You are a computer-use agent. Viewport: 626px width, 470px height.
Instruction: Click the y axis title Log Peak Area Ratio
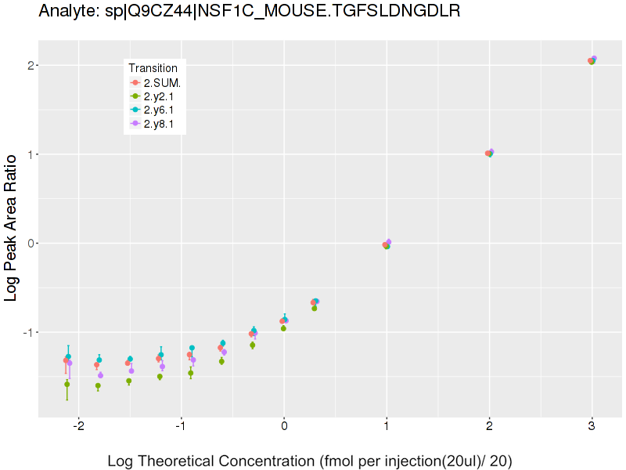pos(12,238)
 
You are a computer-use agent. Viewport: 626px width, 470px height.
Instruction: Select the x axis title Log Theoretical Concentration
pos(309,461)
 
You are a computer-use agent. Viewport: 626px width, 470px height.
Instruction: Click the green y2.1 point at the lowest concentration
pos(67,385)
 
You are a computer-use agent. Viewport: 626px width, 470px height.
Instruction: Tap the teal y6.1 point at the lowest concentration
pos(68,356)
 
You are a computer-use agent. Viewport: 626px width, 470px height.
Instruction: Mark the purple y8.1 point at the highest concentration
pos(594,59)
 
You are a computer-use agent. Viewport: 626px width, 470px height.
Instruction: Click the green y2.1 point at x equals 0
pos(283,328)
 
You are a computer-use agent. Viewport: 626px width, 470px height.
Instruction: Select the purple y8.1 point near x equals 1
pos(388,242)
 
